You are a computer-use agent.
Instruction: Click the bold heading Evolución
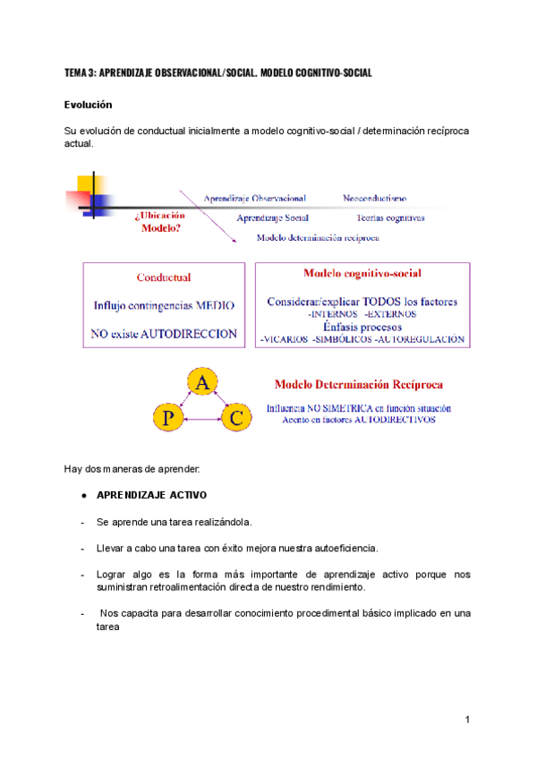(88, 105)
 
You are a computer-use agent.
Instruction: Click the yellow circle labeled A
(203, 384)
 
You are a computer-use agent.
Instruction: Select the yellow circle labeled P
(168, 417)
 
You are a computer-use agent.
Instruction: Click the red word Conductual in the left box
(163, 277)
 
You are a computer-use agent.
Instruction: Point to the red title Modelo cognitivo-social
(362, 273)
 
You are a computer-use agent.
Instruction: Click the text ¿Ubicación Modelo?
(160, 221)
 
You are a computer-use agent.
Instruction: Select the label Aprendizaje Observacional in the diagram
(254, 198)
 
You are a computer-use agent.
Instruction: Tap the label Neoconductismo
(374, 198)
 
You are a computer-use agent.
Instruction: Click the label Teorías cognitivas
(389, 217)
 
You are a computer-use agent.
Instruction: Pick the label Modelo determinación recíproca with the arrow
(318, 238)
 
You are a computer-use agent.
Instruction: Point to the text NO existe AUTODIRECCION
(164, 333)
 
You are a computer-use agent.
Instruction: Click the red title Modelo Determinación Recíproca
(357, 385)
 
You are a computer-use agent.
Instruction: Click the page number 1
(467, 719)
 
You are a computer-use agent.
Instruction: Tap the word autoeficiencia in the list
(343, 548)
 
